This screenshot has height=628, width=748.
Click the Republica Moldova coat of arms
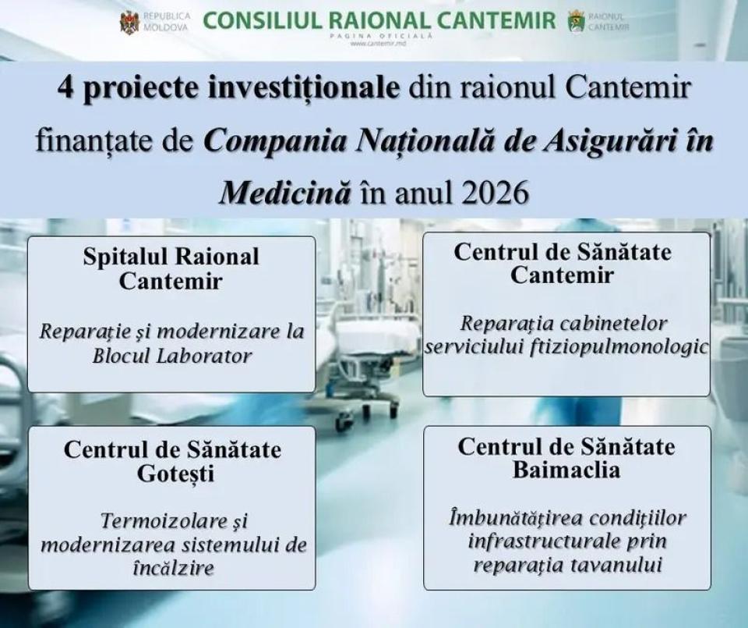129,22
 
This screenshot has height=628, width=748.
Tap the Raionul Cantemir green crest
577,22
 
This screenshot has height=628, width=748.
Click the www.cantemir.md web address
379,44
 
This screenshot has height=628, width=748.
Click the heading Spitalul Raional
171,257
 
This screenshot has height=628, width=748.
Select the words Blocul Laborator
171,356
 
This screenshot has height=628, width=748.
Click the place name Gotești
171,474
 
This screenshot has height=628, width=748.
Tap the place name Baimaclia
566,470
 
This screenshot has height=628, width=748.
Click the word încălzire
171,568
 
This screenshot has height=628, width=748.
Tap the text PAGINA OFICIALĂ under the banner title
379,36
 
